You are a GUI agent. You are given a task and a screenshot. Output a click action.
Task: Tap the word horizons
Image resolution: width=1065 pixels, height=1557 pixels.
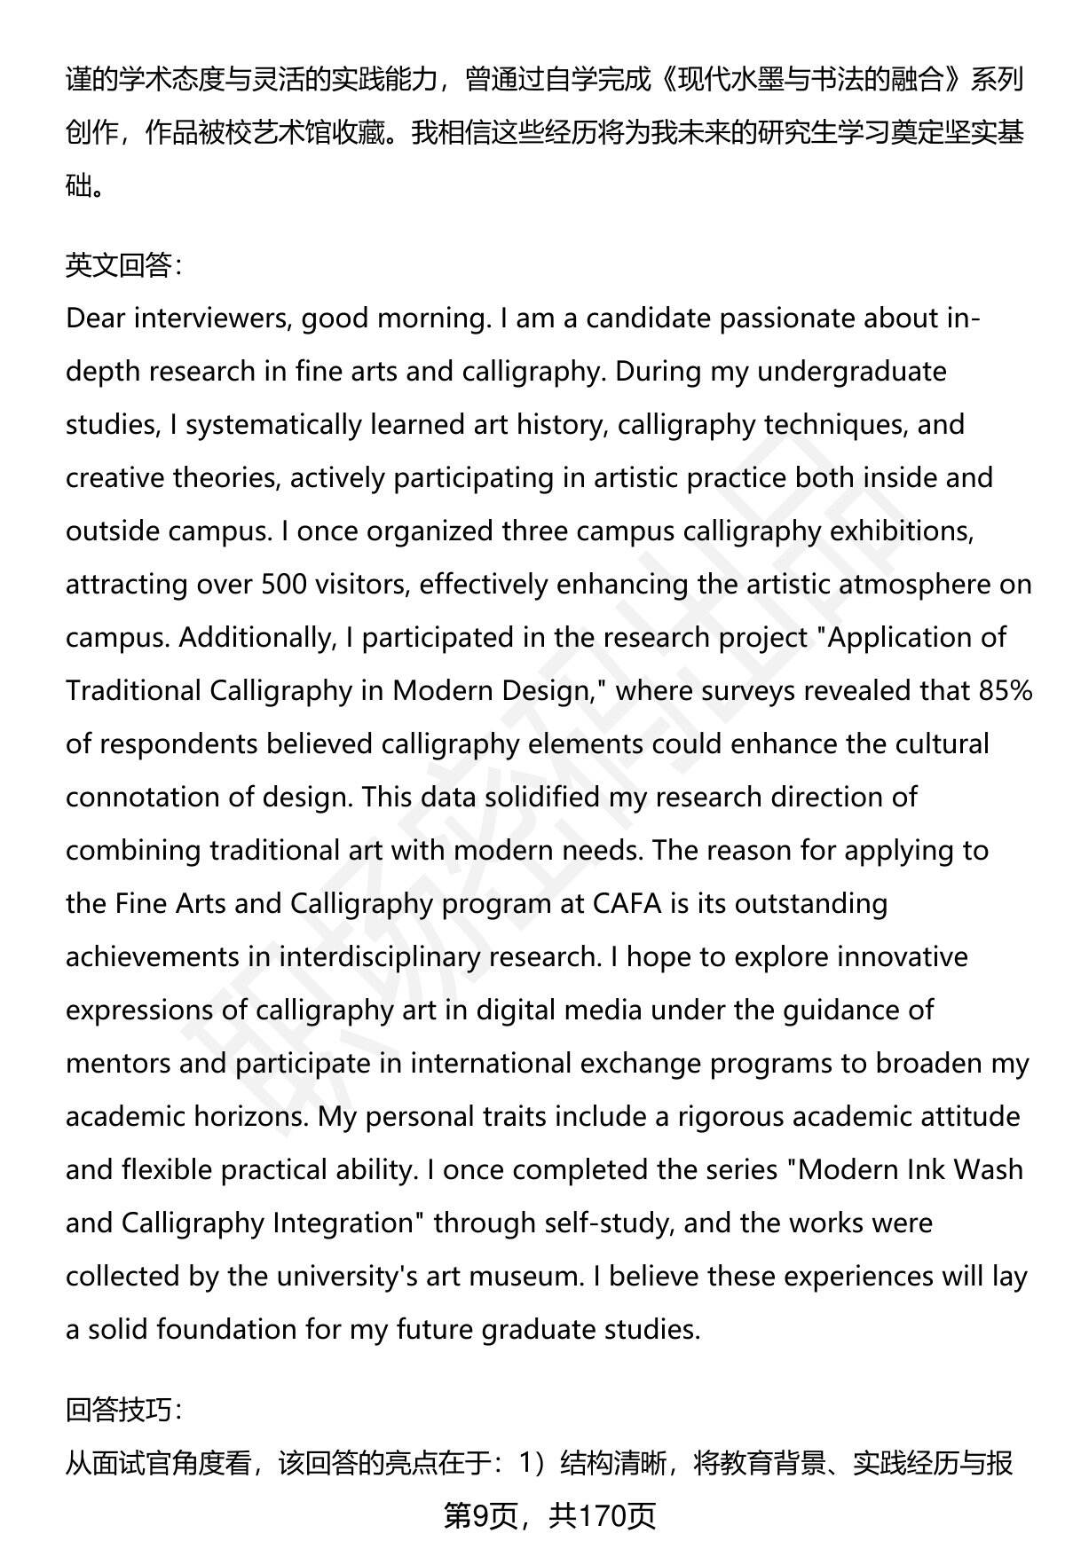tap(241, 1116)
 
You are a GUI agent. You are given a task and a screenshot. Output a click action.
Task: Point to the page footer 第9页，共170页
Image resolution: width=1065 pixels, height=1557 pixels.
tap(549, 1516)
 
